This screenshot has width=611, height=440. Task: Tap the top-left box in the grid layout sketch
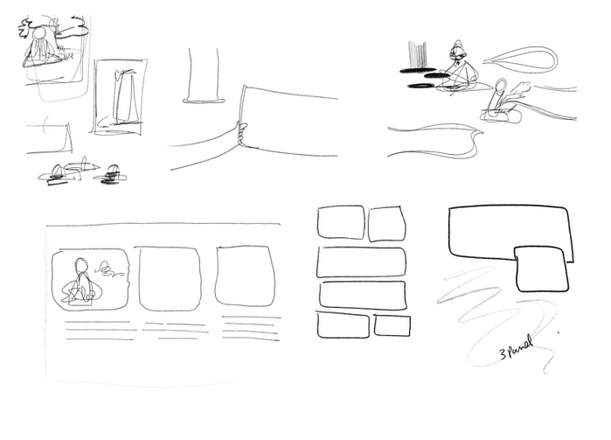pyautogui.click(x=341, y=222)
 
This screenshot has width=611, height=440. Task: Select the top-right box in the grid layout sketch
pyautogui.click(x=386, y=224)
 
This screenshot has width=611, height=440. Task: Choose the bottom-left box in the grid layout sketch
pyautogui.click(x=342, y=325)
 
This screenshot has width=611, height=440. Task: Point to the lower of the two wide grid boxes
pyautogui.click(x=362, y=295)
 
